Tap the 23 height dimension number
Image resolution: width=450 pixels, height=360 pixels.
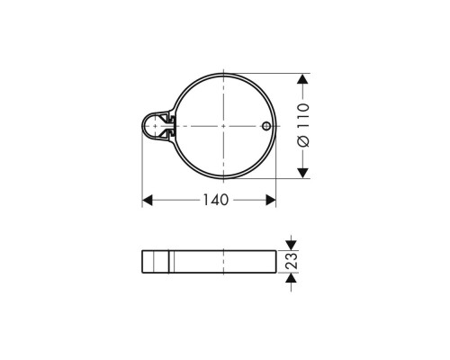pos(292,261)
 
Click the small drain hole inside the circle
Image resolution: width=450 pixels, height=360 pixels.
pos(265,126)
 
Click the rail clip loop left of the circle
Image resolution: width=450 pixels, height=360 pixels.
pos(154,126)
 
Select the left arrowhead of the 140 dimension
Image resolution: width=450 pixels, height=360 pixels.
pos(148,200)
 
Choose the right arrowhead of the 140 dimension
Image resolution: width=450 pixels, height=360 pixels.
pos(270,200)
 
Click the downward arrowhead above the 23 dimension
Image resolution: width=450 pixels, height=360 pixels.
pos(292,244)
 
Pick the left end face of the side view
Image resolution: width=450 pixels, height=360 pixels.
pos(143,261)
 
